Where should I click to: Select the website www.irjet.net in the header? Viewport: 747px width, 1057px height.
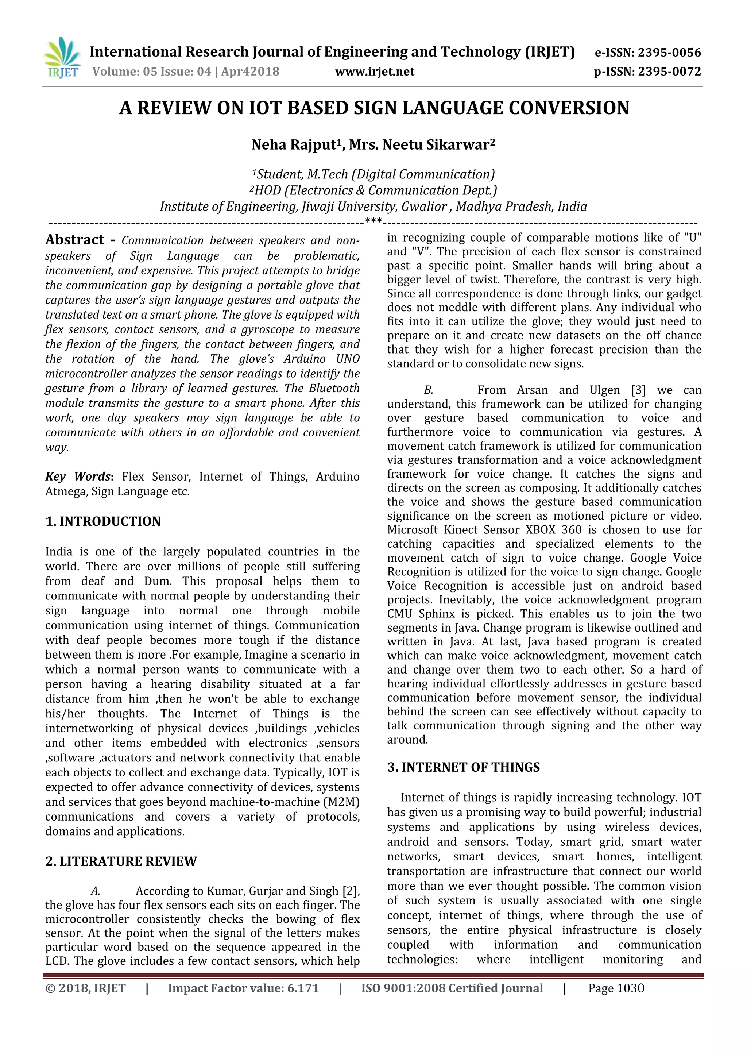375,72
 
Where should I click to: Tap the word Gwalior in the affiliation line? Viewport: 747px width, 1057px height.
424,207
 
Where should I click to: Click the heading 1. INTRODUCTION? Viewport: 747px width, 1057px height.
103,522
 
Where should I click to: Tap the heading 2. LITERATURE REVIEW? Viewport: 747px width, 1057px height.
121,862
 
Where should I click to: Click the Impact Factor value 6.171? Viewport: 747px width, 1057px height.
303,988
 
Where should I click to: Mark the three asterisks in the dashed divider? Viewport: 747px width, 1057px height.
373,222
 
